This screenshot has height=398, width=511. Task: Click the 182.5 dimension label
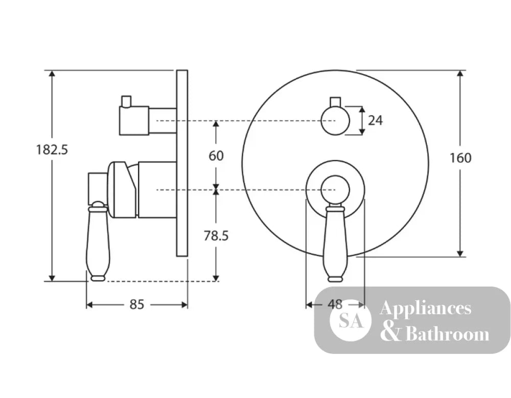pos(52,150)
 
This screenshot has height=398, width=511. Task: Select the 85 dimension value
pos(136,304)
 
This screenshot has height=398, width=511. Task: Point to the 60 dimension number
pos(216,156)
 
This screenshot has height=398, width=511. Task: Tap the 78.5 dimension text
pos(216,235)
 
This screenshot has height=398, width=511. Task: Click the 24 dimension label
pos(376,120)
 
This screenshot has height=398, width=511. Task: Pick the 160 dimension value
pos(460,158)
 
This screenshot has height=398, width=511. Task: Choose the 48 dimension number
pos(335,304)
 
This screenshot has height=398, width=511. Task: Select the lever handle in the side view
pos(98,242)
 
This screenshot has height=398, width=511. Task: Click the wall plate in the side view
pos(182,163)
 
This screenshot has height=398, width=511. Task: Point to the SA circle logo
pos(351,320)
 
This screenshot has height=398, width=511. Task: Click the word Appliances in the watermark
pos(425,308)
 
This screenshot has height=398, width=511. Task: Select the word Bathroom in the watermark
pos(448,334)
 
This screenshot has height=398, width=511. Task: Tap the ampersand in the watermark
pos(390,334)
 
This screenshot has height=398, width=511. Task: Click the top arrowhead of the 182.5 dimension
pos(52,73)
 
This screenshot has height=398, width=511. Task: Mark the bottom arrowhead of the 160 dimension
pos(460,253)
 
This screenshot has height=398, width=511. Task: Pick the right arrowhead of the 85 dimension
pos(184,305)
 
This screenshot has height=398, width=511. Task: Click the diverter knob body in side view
pos(134,120)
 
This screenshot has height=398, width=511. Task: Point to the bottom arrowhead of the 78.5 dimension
pos(216,278)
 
